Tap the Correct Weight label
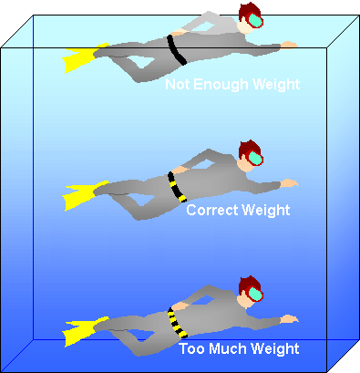tap(237, 211)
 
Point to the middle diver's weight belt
tap(174, 185)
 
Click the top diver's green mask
tap(256, 23)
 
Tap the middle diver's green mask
tap(256, 159)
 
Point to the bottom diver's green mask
tap(256, 295)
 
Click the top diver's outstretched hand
tap(289, 44)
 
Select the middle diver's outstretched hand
tap(289, 182)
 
